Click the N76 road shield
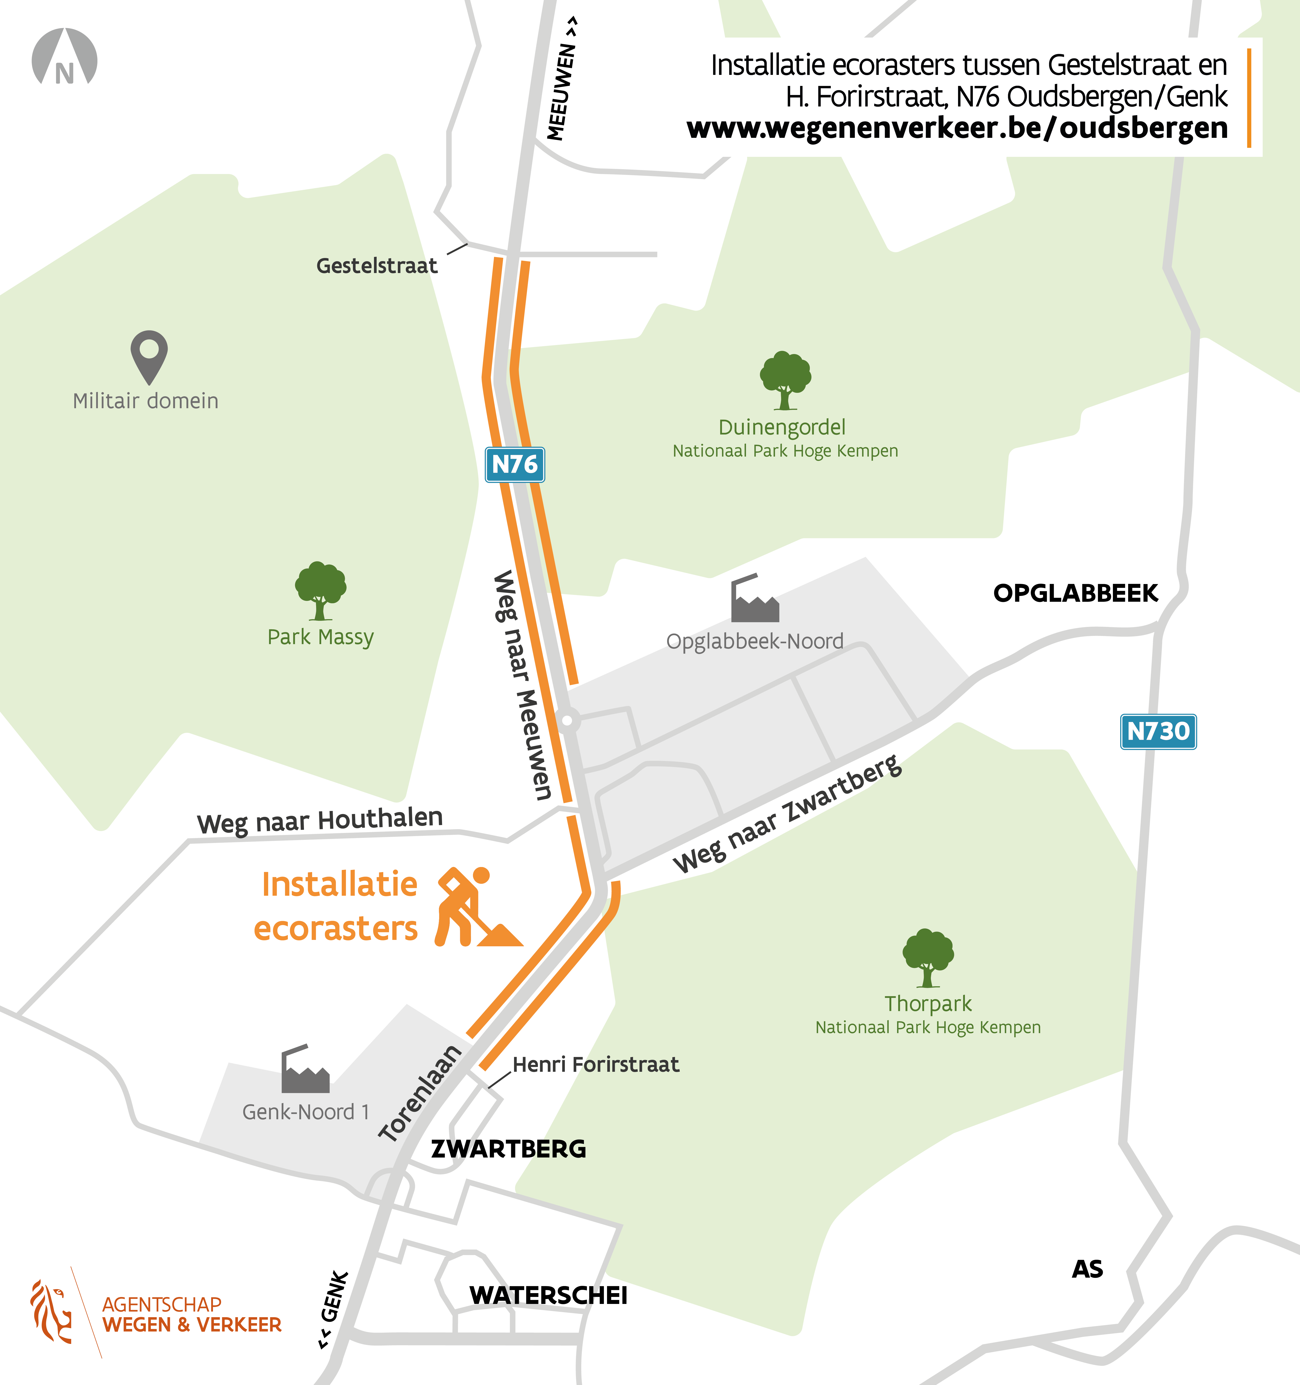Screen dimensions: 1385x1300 514,465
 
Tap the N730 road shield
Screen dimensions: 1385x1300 1158,732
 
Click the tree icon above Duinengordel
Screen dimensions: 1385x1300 785,380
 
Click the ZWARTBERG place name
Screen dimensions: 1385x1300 509,1149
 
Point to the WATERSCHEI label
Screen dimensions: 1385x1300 548,1295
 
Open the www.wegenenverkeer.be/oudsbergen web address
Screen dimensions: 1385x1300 956,127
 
